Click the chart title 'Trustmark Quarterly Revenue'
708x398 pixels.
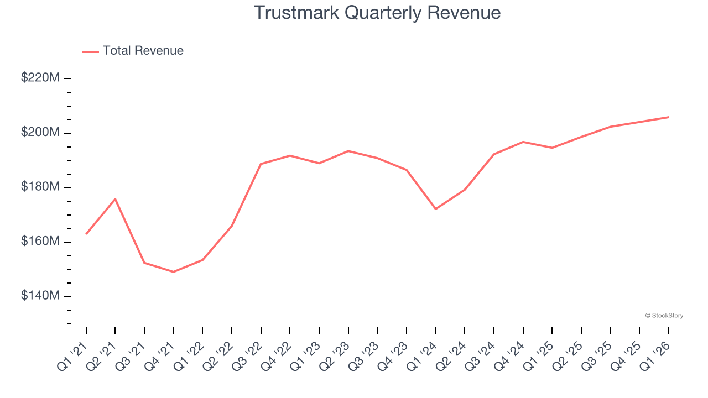point(377,13)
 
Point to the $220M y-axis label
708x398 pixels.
point(40,78)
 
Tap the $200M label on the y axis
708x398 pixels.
point(40,133)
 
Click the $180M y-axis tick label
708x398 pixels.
point(40,187)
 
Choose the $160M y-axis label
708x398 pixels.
point(40,242)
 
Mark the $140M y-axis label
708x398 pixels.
point(40,296)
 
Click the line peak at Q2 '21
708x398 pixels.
point(115,199)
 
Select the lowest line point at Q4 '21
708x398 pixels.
point(174,272)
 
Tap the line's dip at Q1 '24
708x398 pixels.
point(436,209)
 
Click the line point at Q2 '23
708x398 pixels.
point(348,151)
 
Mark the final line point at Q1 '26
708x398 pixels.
point(668,117)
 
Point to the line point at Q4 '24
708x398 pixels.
point(523,142)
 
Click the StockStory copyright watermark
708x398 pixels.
point(664,316)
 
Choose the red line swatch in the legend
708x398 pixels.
point(90,51)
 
